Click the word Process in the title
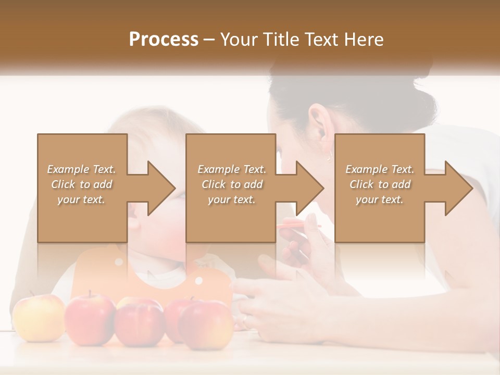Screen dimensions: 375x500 [x=164, y=40]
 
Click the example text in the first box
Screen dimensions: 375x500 [x=82, y=184]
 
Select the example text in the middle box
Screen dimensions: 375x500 [x=232, y=184]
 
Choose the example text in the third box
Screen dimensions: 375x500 [x=380, y=184]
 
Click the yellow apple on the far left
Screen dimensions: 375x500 [x=38, y=317]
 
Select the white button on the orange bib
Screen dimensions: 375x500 [x=198, y=281]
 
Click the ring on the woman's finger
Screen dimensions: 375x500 [x=244, y=318]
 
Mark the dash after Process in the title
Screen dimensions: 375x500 [x=209, y=40]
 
